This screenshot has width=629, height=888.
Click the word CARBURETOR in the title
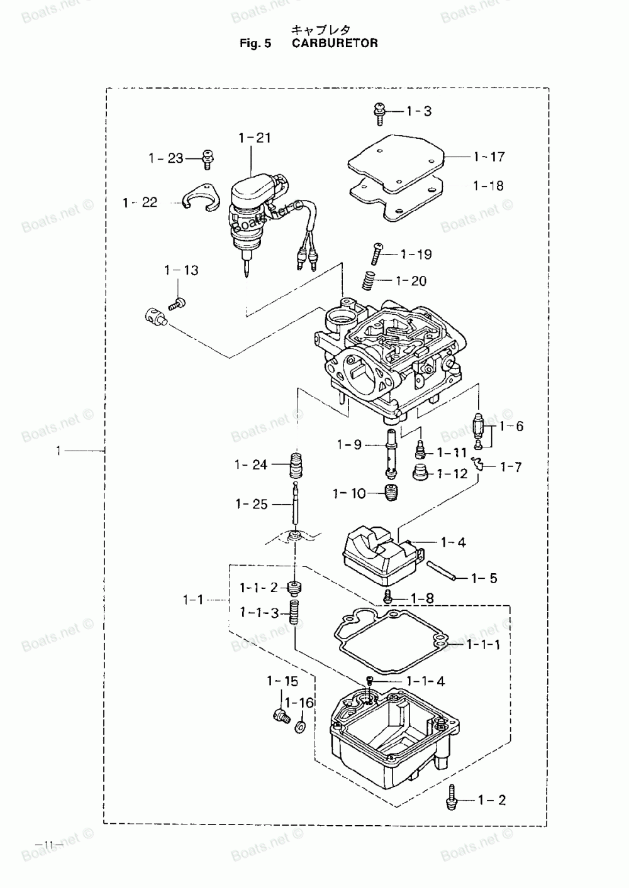click(335, 43)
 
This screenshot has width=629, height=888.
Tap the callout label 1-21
click(254, 138)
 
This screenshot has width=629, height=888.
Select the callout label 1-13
click(181, 270)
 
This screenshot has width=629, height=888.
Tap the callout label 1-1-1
click(483, 644)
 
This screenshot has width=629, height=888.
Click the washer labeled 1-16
click(300, 727)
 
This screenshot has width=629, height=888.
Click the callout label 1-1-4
click(425, 681)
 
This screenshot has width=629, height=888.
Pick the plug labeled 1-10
click(391, 493)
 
